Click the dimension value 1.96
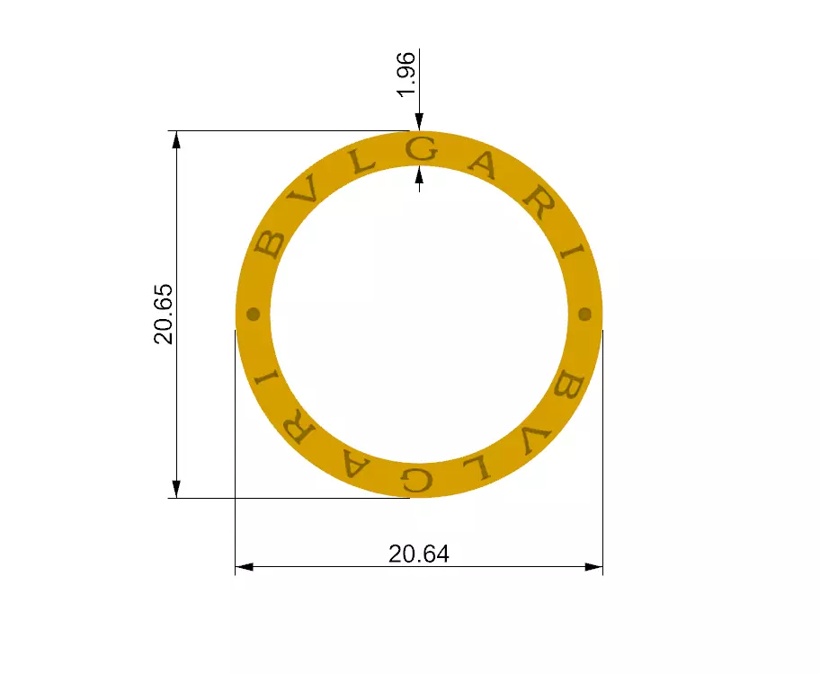click(406, 75)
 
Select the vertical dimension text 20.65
click(164, 314)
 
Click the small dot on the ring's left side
click(254, 314)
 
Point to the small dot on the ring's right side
click(584, 314)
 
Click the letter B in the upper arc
click(269, 244)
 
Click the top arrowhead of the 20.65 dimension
click(176, 140)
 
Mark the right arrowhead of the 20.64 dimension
click(593, 567)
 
